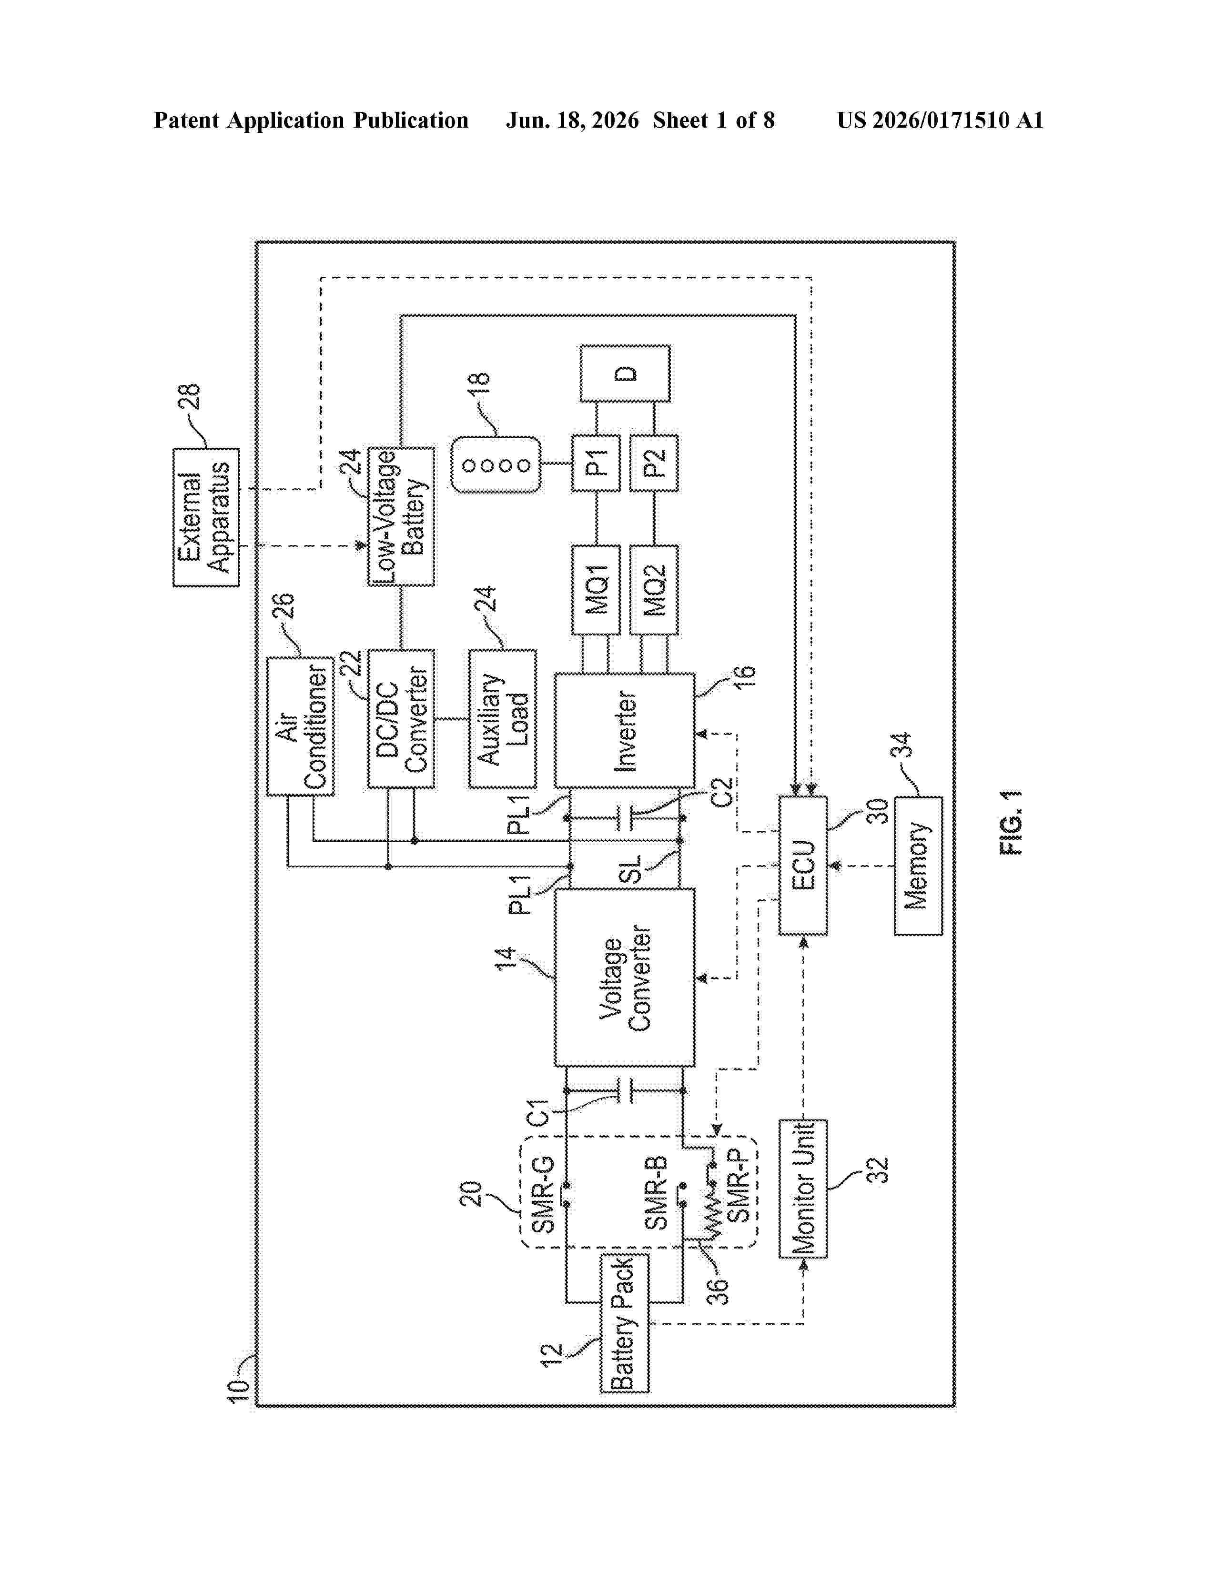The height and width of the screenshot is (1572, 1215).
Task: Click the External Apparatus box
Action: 206,517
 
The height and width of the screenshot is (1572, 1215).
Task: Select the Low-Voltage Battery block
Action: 401,516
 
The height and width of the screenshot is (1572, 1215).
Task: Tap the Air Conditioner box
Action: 300,726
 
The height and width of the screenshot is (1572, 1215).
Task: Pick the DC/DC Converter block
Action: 401,718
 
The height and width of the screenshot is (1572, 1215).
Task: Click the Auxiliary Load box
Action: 502,718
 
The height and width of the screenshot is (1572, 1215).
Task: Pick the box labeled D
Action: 625,373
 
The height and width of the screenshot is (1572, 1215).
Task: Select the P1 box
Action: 595,463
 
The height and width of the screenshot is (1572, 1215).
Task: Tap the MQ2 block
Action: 654,590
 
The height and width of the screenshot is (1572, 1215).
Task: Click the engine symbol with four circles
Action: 496,464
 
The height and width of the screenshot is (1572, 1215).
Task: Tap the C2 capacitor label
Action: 720,793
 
